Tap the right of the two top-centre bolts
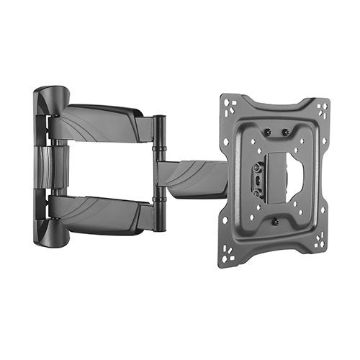[x=285, y=132]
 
